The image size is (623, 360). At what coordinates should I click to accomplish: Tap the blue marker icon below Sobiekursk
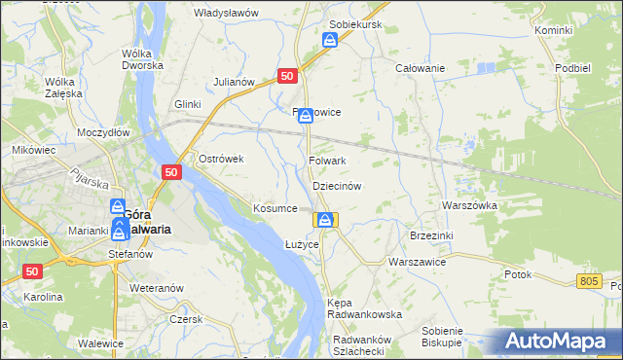331,41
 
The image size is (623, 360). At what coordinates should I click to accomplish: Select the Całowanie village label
420,68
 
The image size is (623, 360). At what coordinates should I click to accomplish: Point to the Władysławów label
225,13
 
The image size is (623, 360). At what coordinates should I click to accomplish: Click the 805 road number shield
587,281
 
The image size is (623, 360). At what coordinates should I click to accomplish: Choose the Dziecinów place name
337,185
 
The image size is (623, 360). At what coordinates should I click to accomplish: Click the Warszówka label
469,206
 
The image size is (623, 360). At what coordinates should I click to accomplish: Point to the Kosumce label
275,208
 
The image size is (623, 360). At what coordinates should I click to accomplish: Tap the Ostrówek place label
220,159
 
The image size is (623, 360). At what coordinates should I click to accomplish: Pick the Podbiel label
573,68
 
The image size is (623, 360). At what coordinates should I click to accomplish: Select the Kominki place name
553,31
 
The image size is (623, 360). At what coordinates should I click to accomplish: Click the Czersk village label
185,319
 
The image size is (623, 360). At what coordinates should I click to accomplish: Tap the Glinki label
187,104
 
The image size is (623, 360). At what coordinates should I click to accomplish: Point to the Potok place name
518,274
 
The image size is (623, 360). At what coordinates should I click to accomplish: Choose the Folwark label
327,161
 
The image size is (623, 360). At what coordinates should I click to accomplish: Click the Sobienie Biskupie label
442,337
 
